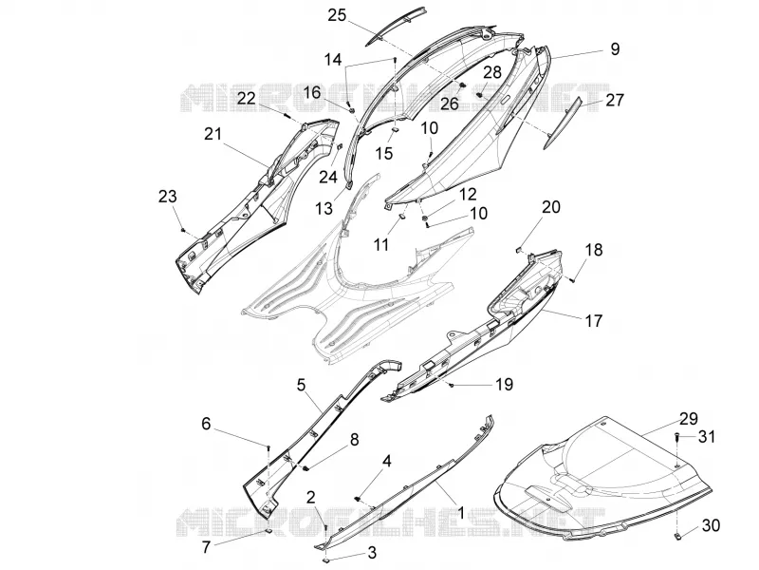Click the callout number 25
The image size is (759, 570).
tap(337, 15)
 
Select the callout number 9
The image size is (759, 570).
tap(615, 49)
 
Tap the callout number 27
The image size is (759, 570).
tap(614, 101)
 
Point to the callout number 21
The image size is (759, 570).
tap(213, 134)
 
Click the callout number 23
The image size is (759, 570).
tap(168, 197)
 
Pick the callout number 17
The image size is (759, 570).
tap(594, 320)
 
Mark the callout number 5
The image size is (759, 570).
tap(301, 386)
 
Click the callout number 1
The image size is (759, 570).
tap(460, 513)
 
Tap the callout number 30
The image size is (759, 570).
tap(711, 525)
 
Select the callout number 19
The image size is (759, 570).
tap(504, 385)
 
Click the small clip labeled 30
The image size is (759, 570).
tap(678, 536)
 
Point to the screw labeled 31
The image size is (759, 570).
tap(677, 437)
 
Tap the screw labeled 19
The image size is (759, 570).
tap(452, 385)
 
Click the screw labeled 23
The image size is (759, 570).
tap(183, 229)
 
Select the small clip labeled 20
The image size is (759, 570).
tap(517, 250)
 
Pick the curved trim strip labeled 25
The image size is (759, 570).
tap(396, 27)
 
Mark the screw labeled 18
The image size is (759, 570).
tap(572, 279)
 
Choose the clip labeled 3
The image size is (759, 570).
tap(326, 560)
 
